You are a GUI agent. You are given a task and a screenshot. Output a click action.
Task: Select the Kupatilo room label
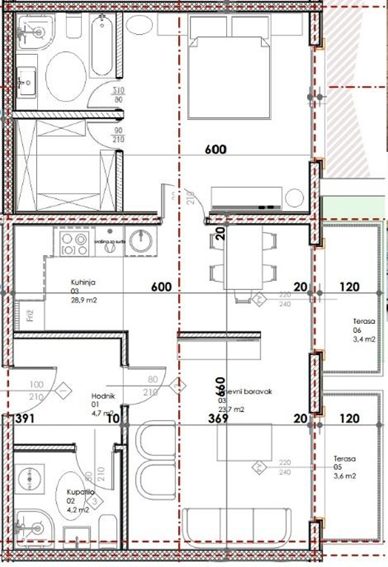coord(70,491)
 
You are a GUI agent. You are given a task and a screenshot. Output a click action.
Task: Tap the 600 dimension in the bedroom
coord(215,149)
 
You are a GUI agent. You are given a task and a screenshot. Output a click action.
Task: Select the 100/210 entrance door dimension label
coord(36,390)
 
